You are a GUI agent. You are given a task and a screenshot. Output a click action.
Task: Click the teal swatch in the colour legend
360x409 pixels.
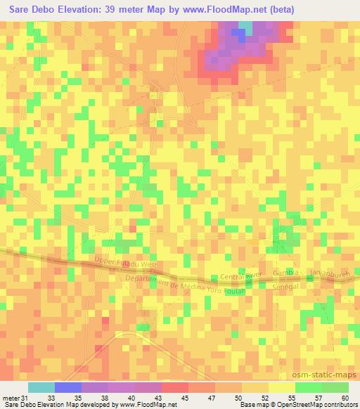[41, 388]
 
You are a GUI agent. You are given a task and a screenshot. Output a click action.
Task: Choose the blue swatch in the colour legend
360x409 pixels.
[68, 388]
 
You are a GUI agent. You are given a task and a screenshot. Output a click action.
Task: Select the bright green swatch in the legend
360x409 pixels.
[309, 388]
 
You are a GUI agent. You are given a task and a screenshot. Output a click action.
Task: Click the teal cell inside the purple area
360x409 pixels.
[245, 27]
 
